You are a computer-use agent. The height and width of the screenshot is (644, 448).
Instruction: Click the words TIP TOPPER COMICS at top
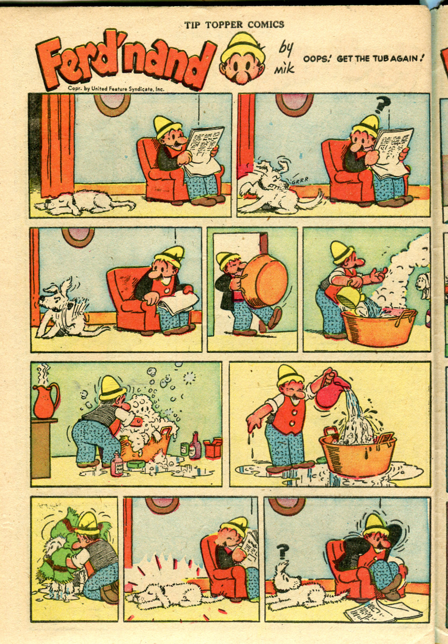(234, 25)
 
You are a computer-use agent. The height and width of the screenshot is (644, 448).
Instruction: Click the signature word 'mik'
(284, 68)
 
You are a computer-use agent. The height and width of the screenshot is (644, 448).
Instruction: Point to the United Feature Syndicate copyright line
(116, 89)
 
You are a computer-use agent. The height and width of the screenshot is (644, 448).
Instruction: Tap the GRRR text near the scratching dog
(300, 181)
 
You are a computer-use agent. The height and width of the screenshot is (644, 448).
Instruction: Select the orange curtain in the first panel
(58, 145)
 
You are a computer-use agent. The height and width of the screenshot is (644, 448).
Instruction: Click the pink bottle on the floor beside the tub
(117, 464)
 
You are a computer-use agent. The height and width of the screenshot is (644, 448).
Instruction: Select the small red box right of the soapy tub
(213, 448)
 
